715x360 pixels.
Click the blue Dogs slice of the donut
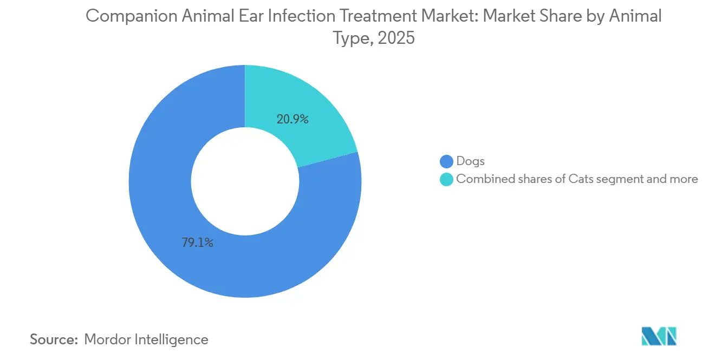162,217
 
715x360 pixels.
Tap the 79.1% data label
197,243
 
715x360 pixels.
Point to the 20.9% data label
292,120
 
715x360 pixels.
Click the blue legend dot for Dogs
446,161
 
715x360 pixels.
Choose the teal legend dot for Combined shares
446,179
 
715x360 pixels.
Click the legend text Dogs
470,161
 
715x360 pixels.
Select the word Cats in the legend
581,179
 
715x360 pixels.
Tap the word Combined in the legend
481,179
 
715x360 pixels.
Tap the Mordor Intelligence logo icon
659,336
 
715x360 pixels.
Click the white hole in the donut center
245,181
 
